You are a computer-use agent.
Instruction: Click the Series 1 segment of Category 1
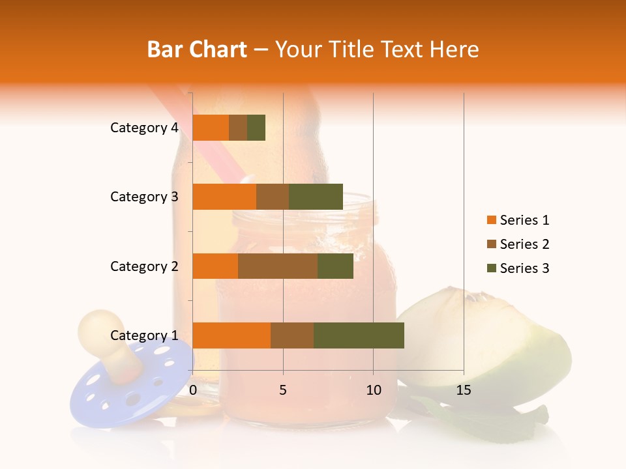coord(231,335)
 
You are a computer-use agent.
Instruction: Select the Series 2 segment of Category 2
coord(278,266)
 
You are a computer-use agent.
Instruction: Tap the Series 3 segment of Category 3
coord(316,197)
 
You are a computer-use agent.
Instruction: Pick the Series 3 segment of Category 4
coord(256,128)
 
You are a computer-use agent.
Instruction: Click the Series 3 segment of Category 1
coord(359,335)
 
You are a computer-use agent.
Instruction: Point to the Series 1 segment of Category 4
coord(211,128)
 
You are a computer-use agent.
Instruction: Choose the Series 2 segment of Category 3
coord(273,197)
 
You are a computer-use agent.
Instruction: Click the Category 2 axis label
coord(144,266)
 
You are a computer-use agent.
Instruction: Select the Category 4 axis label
coord(144,128)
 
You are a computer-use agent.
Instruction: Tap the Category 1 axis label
coord(144,335)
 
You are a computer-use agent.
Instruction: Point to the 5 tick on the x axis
coord(283,390)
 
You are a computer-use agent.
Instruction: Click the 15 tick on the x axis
coord(463,390)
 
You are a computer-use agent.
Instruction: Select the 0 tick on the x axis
coord(193,390)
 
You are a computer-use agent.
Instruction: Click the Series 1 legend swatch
coord(491,220)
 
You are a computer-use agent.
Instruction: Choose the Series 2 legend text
coord(524,244)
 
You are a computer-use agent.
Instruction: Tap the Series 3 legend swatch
coord(491,268)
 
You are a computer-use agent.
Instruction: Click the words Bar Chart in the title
coord(197,50)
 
